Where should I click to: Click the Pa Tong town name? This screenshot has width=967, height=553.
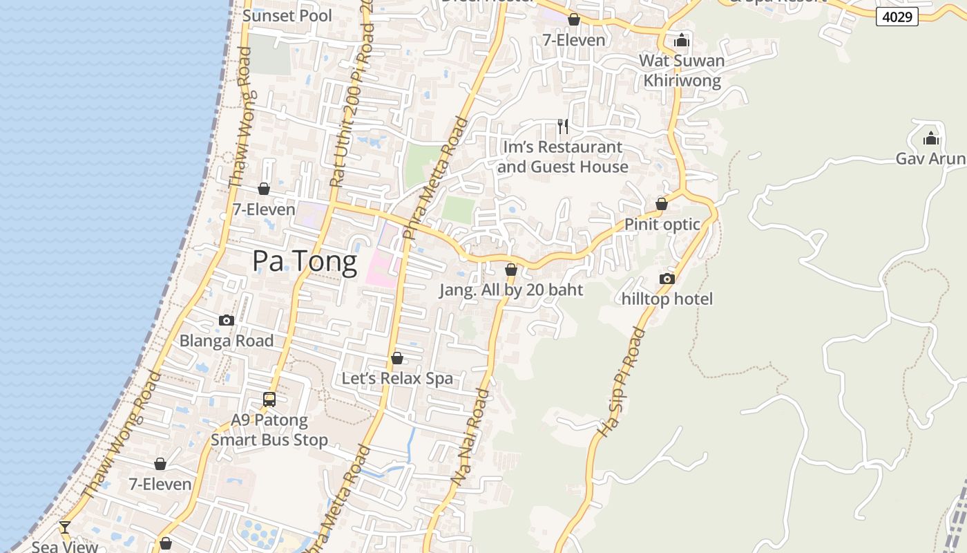coord(304,261)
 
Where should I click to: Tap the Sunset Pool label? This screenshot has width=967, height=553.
coord(287,15)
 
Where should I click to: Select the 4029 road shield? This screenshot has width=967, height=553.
coord(897,17)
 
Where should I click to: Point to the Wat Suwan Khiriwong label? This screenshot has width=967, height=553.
coord(682,71)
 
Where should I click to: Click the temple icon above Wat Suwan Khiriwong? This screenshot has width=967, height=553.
coord(682,39)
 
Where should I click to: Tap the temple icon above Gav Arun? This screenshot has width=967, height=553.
coord(931,138)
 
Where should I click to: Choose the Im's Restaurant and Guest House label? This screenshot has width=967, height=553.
coord(562,157)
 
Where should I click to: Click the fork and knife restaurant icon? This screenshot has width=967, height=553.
coord(563,126)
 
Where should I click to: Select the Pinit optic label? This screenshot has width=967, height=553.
coord(662,224)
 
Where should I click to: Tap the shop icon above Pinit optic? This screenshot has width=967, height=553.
coord(662,204)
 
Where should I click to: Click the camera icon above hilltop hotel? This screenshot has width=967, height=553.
coord(667,279)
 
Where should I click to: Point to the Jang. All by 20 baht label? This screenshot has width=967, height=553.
coord(511,290)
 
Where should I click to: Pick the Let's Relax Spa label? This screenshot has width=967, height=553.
coord(397,378)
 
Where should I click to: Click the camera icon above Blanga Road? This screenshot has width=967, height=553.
coord(226,320)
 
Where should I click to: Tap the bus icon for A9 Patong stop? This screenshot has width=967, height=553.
coord(269,399)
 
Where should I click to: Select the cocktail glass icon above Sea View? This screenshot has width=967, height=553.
coord(65,527)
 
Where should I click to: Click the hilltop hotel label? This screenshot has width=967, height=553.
coord(667,299)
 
